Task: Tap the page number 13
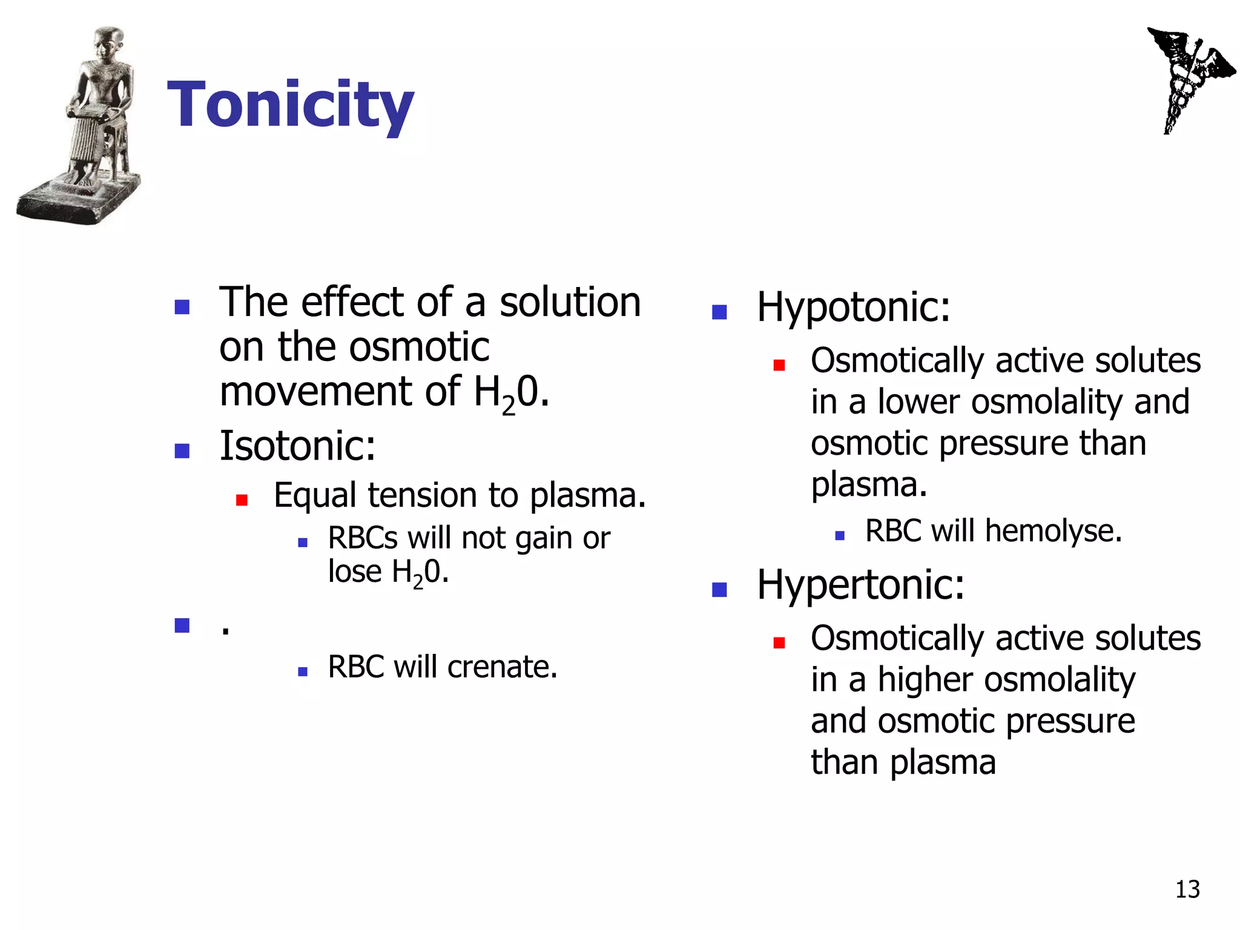click(1187, 889)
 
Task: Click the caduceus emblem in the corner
click(1188, 79)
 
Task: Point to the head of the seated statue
click(109, 44)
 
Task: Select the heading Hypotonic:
click(853, 307)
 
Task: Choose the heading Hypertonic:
click(860, 585)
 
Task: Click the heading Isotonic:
click(297, 446)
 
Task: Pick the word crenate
click(502, 667)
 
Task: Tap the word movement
click(315, 392)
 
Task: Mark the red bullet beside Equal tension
click(242, 500)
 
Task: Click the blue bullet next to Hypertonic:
click(719, 589)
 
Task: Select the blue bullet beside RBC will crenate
click(303, 671)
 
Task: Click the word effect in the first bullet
click(352, 302)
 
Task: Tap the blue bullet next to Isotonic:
click(182, 450)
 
